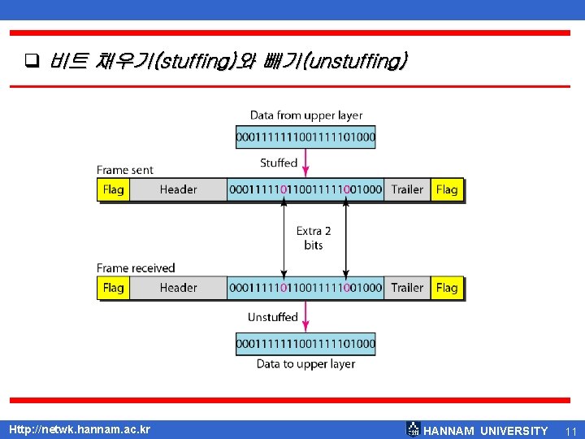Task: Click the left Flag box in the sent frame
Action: pos(114,189)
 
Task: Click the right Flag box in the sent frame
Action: pos(447,189)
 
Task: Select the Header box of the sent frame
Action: pos(178,189)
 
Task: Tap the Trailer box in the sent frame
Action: pos(407,189)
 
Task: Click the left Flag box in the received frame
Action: pos(114,287)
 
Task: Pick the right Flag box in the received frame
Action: pos(447,287)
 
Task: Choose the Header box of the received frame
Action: pos(178,287)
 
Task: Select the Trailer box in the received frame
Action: pos(407,287)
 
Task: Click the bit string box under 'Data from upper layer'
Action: pos(305,137)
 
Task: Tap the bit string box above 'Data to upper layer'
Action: pos(305,344)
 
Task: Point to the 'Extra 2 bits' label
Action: pos(314,237)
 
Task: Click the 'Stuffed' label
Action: pos(279,163)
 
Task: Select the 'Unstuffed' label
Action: pos(273,316)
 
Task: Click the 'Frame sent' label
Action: pos(125,170)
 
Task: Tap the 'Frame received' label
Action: pos(136,267)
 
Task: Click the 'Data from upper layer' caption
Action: pos(306,115)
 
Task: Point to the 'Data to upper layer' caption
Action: pos(305,363)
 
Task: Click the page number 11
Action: pos(570,430)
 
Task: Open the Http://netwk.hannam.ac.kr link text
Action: pos(79,428)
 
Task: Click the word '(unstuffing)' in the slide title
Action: pos(358,61)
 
